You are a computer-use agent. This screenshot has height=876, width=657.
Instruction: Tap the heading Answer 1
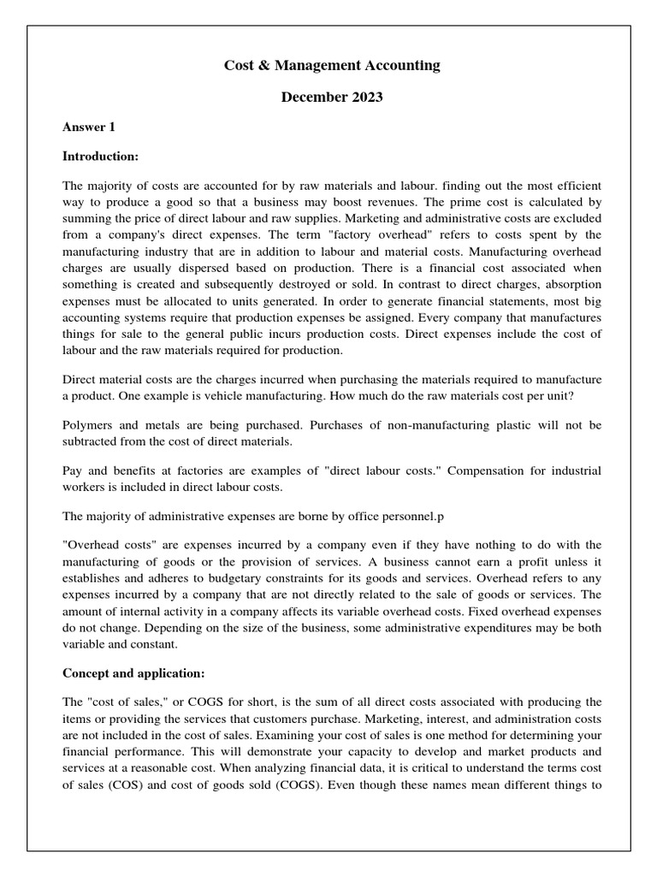pyautogui.click(x=89, y=127)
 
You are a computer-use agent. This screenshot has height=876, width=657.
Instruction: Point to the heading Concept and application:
pyautogui.click(x=133, y=672)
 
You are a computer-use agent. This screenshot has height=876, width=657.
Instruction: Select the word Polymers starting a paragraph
pyautogui.click(x=89, y=425)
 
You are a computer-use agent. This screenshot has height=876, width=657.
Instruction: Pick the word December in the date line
pyautogui.click(x=313, y=97)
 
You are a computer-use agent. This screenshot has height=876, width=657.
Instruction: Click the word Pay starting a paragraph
pyautogui.click(x=74, y=471)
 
